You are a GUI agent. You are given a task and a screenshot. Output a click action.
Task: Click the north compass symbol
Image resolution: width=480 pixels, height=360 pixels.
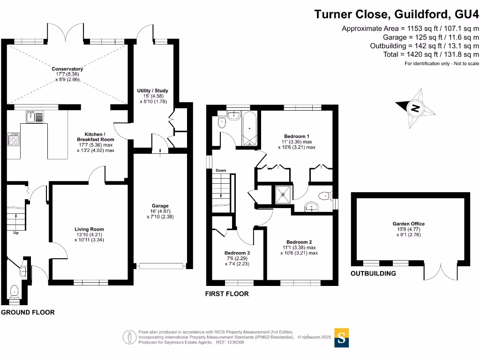point(414,109)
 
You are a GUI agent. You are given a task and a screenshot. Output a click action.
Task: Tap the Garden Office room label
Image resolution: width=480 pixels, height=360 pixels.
point(409,224)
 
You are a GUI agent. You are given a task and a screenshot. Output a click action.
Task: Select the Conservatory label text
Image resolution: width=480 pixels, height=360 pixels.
point(67,69)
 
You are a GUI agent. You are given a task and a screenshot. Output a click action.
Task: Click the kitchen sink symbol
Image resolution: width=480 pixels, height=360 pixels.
point(35,115)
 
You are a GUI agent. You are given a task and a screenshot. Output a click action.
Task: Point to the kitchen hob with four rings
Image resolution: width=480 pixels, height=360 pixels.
point(14,139)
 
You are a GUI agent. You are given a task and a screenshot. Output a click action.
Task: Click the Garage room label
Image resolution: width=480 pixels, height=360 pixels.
point(160,206)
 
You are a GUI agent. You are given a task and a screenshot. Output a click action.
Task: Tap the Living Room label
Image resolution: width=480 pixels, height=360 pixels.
point(89,229)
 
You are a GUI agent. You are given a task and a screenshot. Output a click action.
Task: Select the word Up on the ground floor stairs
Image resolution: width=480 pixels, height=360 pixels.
point(16,232)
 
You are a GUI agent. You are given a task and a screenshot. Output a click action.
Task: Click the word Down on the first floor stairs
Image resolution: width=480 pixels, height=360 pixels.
point(221,170)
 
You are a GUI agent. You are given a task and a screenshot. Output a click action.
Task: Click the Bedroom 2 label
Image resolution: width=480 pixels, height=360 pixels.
point(299,242)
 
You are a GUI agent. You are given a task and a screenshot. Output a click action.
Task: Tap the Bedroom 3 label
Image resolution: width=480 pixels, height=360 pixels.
point(237,253)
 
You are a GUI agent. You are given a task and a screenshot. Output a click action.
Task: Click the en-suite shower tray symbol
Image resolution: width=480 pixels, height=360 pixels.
point(283,194)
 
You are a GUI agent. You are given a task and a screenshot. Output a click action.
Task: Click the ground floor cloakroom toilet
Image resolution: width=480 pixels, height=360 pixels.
point(14,291)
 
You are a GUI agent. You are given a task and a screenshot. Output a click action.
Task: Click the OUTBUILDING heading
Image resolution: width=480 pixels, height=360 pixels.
point(373,273)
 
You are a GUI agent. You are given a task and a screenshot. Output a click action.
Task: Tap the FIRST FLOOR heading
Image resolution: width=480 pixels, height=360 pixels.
point(227,294)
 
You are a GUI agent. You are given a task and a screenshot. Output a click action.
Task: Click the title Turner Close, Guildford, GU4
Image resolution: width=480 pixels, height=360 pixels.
point(397,14)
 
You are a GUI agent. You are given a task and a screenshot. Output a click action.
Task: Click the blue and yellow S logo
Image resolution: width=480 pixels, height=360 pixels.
point(342,337)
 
